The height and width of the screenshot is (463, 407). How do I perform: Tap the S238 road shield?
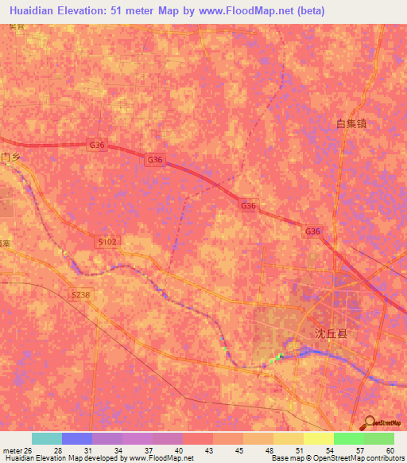[x=80, y=294]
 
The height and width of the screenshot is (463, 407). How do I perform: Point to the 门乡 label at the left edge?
[x=10, y=158]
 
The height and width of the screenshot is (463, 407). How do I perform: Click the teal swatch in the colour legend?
[x=47, y=438]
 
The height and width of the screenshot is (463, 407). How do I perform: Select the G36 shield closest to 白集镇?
[x=313, y=231]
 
